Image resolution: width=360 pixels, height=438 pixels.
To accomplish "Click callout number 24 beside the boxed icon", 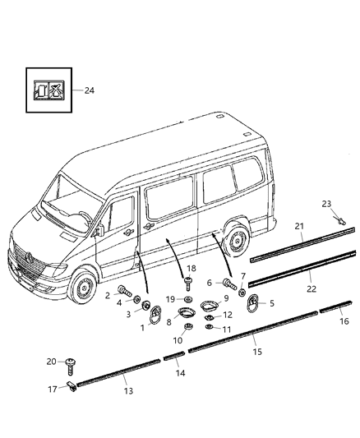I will pos(89,90).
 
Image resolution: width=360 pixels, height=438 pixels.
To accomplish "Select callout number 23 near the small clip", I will pos(326,228).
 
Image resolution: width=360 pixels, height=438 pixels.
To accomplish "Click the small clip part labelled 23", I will pos(339,243).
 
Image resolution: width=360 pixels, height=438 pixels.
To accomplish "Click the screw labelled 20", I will pos(70,362).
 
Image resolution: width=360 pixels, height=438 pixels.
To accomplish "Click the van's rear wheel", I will pos(237,239).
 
